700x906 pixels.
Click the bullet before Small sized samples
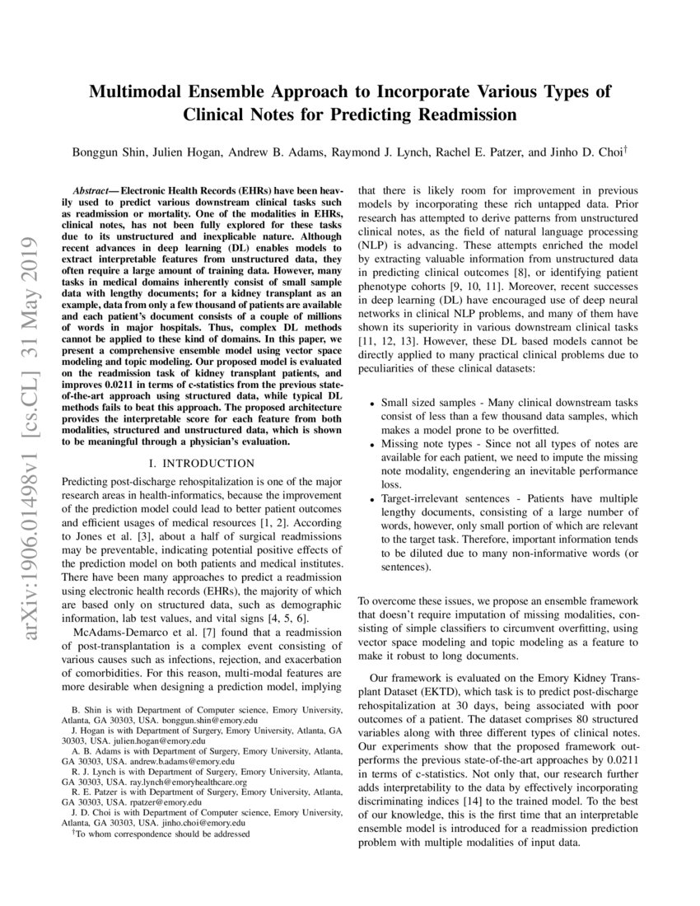click(x=372, y=404)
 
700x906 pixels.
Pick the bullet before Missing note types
click(x=372, y=445)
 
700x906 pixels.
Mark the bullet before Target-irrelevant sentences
click(x=372, y=500)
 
